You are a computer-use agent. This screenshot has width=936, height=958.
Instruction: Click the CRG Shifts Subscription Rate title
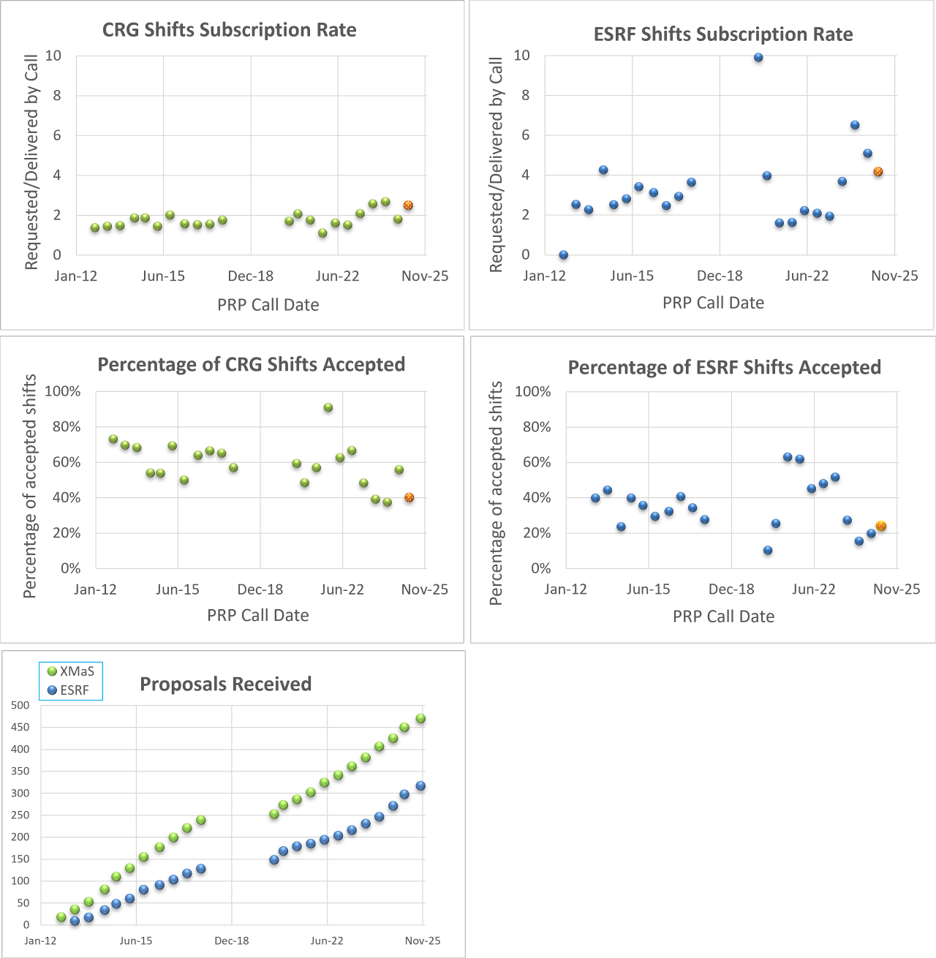coord(229,30)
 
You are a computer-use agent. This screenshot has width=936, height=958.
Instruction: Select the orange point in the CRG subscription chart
coord(408,205)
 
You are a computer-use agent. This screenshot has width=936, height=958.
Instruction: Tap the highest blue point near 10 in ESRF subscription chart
coord(758,58)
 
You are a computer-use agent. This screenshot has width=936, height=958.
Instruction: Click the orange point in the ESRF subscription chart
coord(878,172)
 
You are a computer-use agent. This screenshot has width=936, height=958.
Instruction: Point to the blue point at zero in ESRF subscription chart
coord(563,255)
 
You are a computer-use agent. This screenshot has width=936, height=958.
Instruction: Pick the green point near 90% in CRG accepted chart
coord(328,407)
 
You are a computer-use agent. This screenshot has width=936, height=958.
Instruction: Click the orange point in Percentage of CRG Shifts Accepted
coord(409,497)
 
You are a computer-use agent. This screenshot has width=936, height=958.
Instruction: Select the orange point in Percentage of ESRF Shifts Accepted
coord(881,526)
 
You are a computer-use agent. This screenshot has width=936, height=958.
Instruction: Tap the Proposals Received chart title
coord(225,684)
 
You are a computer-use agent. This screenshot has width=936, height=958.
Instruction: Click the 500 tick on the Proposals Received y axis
coord(20,705)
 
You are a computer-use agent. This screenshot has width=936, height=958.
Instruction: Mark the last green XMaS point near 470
coord(420,719)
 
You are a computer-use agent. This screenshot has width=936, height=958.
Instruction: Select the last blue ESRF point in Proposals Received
coord(420,786)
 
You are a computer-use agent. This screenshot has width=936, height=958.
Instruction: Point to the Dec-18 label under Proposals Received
coord(232,940)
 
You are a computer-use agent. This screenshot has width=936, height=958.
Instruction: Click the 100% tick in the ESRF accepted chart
coord(532,392)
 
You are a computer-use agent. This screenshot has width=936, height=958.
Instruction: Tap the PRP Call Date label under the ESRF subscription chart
coord(713,303)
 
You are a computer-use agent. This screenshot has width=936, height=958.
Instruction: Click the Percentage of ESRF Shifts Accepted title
coord(724,367)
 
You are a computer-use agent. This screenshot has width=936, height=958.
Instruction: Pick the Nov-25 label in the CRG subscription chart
coord(426,276)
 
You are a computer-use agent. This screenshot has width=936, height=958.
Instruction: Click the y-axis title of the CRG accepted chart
coord(30,486)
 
